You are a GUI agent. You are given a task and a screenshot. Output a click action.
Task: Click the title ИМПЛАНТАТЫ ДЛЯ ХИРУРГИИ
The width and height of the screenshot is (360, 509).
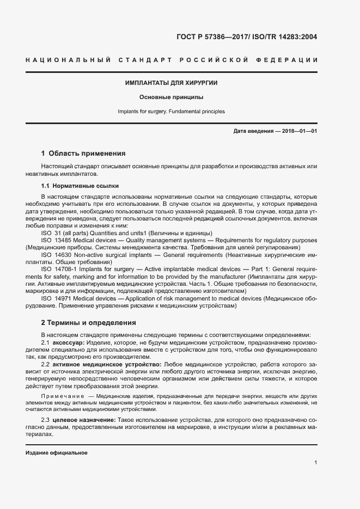(172, 83)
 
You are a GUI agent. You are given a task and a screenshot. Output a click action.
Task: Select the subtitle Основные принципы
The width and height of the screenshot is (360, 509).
(171, 97)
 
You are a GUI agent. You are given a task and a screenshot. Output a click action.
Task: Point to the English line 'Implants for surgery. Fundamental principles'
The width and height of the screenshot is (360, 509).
(171, 112)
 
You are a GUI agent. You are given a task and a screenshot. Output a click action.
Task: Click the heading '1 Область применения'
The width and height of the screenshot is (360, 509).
(83, 154)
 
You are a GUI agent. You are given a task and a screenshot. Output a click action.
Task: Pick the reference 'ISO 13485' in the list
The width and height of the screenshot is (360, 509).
(55, 240)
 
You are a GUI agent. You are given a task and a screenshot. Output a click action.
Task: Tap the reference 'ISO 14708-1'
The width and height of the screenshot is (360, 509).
(58, 269)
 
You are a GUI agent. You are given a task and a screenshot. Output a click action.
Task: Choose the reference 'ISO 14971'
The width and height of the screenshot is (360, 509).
(55, 298)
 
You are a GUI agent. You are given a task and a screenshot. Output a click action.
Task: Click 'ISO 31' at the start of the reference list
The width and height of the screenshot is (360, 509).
(51, 232)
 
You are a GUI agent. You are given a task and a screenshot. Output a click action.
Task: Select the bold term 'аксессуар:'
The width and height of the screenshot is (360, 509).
(68, 342)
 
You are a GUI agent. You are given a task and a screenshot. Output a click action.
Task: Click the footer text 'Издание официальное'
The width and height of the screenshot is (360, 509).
(57, 453)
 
